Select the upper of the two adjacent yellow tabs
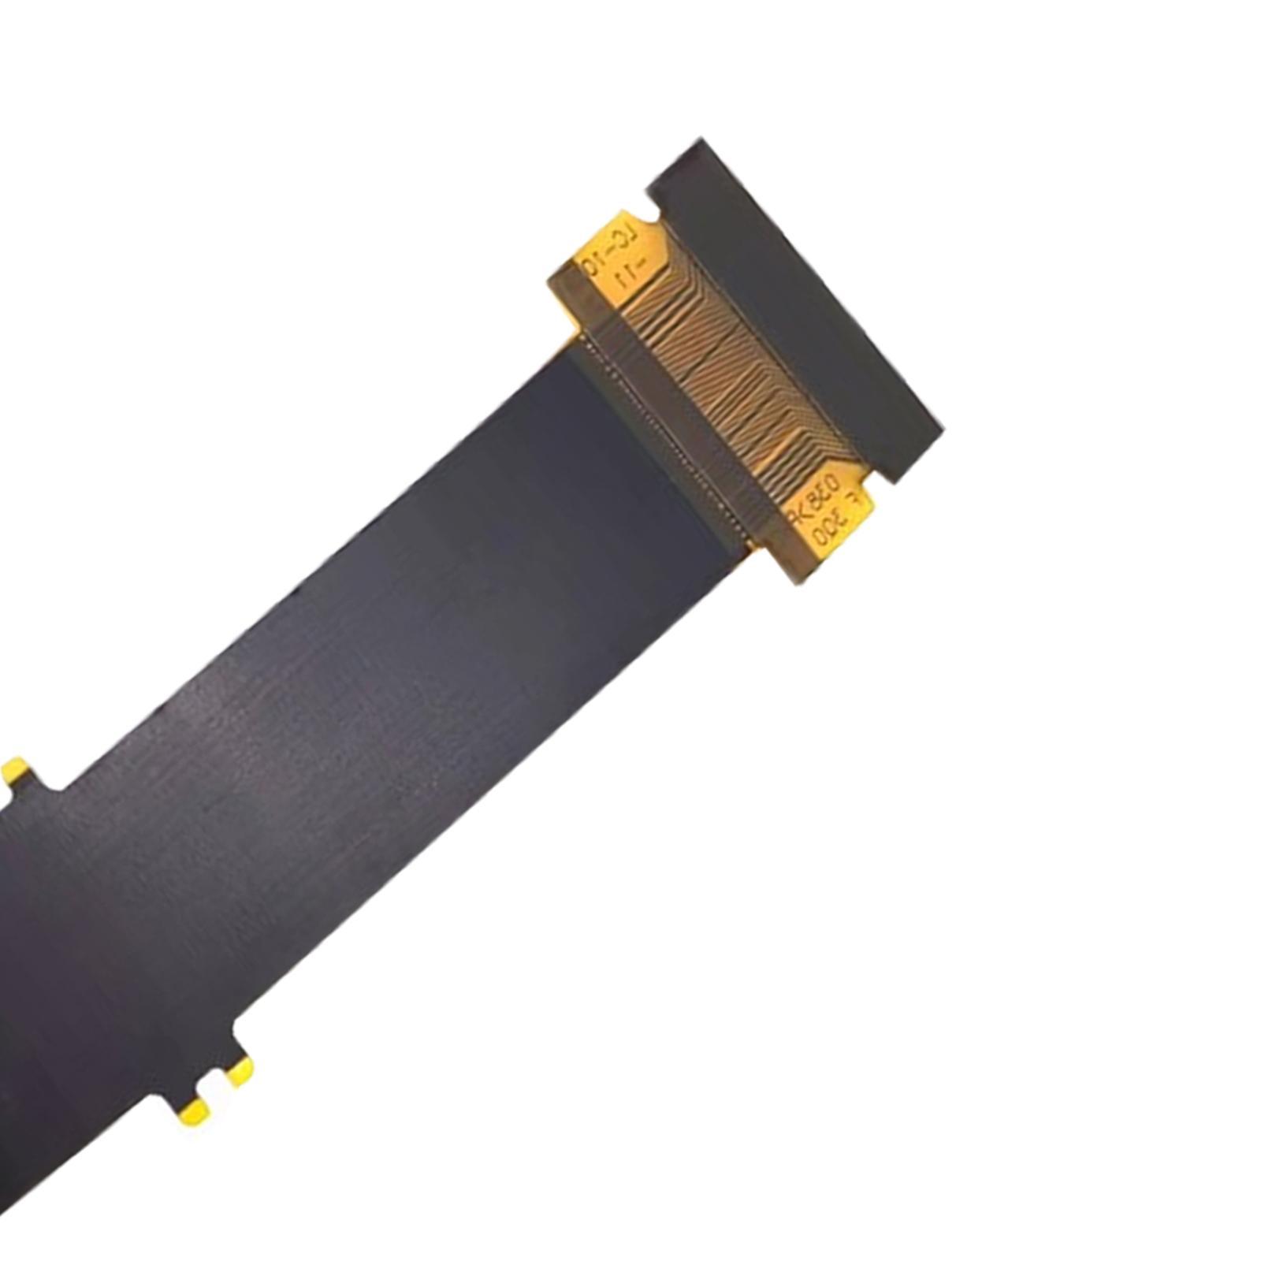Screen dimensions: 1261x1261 point(240,1069)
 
